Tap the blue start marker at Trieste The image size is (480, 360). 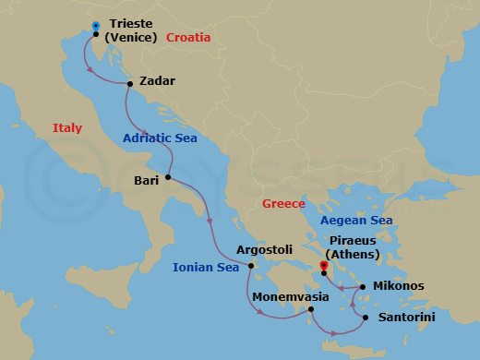click(97, 26)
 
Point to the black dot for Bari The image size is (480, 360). click(169, 177)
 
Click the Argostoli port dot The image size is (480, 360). click(250, 267)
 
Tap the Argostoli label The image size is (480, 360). click(265, 249)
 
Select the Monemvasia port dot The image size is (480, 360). click(310, 311)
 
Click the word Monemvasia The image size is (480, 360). click(293, 297)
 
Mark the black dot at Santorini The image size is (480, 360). click(366, 318)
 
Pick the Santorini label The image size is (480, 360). click(405, 318)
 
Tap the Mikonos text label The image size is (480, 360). click(399, 286)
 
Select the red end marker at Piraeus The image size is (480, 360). click(323, 267)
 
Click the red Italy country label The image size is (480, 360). click(67, 128)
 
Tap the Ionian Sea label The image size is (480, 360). click(206, 268)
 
